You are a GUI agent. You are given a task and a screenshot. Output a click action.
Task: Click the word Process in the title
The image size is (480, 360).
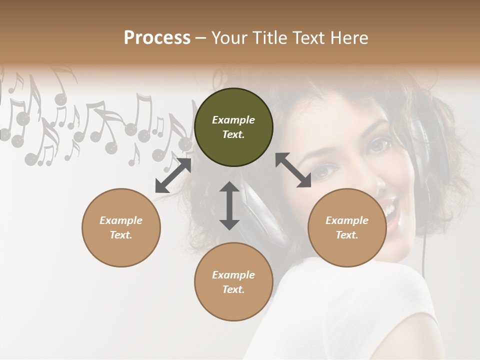pyautogui.click(x=157, y=38)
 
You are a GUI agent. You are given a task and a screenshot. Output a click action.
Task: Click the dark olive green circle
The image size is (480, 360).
pyautogui.click(x=233, y=127)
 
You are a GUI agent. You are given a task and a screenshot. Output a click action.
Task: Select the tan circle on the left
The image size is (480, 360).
pyautogui.click(x=121, y=227)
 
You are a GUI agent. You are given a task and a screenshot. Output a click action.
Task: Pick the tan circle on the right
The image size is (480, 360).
pyautogui.click(x=347, y=227)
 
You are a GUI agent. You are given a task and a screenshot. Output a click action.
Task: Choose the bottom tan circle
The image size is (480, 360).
pyautogui.click(x=233, y=281)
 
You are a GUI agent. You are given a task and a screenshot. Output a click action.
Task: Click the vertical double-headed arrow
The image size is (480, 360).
pyautogui.click(x=229, y=205)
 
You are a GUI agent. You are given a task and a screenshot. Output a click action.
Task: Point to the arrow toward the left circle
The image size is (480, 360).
pyautogui.click(x=173, y=175)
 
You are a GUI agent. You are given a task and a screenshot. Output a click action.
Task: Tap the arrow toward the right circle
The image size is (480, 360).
pyautogui.click(x=293, y=170)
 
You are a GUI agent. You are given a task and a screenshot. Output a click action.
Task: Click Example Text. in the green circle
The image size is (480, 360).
pyautogui.click(x=233, y=127)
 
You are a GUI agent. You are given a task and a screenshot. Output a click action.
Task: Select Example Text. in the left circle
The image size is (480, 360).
pyautogui.click(x=121, y=227)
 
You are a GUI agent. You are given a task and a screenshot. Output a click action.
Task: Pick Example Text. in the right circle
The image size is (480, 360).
pyautogui.click(x=347, y=227)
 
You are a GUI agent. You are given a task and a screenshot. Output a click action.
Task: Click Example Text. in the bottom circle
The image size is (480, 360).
pyautogui.click(x=233, y=282)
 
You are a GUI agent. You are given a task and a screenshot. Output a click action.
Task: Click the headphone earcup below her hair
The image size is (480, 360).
pyautogui.click(x=262, y=215)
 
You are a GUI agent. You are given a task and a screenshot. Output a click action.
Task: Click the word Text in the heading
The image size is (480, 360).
pyautogui.click(x=307, y=38)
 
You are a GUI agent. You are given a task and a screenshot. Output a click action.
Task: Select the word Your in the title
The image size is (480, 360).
pyautogui.click(x=229, y=38)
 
